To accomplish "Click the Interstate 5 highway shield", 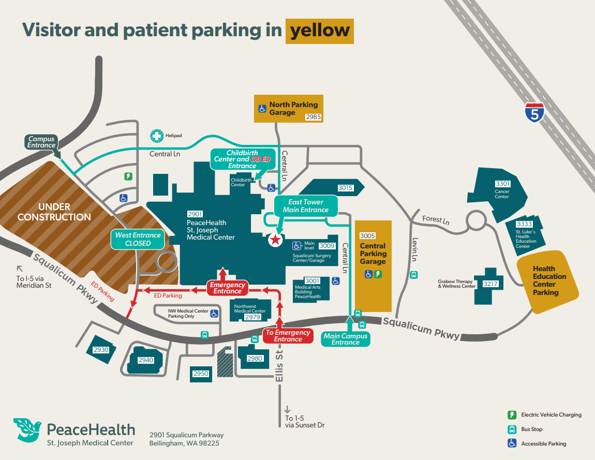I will click(534, 112).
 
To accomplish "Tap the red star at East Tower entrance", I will click(276, 239).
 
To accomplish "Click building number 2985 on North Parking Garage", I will click(314, 117).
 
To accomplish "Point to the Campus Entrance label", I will click(41, 142).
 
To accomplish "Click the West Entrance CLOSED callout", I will click(138, 239).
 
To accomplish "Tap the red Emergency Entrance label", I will click(227, 288).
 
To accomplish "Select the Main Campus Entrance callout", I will click(346, 339).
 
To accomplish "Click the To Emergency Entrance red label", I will click(288, 336).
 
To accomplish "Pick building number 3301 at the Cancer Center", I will click(502, 184).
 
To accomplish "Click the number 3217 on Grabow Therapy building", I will click(490, 284).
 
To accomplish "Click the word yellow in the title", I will click(319, 31).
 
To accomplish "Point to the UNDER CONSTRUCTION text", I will click(54, 212).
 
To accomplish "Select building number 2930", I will click(101, 350).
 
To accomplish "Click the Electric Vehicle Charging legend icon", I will click(512, 415).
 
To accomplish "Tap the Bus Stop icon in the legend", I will click(512, 429).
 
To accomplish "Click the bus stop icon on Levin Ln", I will click(413, 275).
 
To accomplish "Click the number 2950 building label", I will click(200, 373).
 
